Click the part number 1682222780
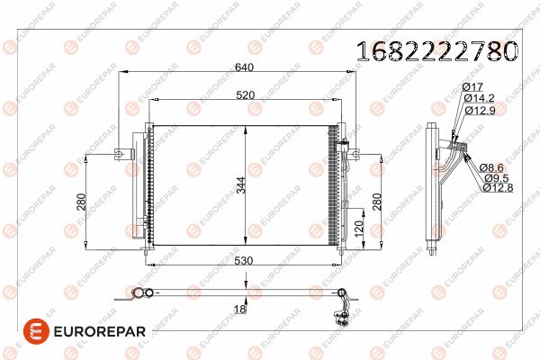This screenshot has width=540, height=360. tap(436, 51)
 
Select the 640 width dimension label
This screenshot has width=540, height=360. tap(244, 67)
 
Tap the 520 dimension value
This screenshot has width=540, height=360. tap(245, 95)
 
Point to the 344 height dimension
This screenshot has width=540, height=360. tap(241, 185)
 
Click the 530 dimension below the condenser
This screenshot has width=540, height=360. tap(244, 261)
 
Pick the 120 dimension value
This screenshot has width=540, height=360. tap(358, 229)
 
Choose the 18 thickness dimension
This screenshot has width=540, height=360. tap(239, 309)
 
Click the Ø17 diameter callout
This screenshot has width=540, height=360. tap(472, 87)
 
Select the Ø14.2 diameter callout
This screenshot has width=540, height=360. tap(479, 98)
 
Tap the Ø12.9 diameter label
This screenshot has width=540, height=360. tap(480, 111)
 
